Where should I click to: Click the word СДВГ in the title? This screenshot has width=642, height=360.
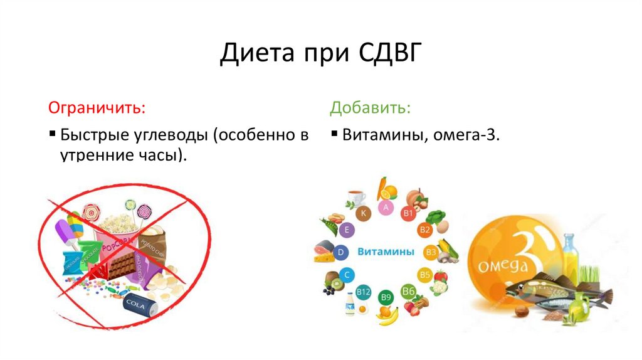pyautogui.click(x=386, y=54)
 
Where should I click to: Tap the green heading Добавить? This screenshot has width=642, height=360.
pyautogui.click(x=371, y=108)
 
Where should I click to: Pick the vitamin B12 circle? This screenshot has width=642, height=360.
pyautogui.click(x=364, y=292)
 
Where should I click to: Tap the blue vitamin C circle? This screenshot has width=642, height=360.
pyautogui.click(x=347, y=274)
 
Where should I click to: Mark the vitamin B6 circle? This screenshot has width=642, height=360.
pyautogui.click(x=409, y=291)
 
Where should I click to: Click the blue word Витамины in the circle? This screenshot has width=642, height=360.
pyautogui.click(x=386, y=252)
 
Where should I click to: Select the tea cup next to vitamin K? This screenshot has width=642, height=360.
pyautogui.click(x=356, y=197)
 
